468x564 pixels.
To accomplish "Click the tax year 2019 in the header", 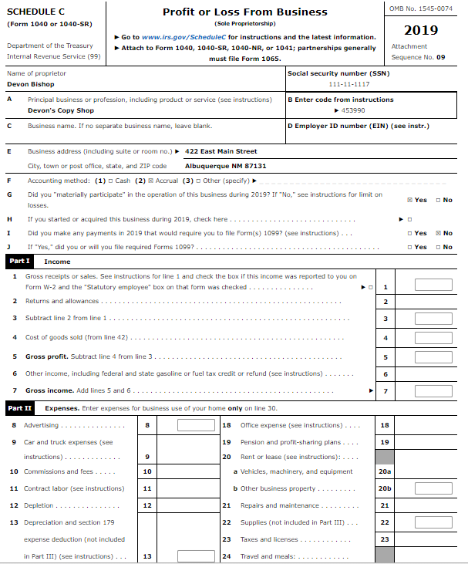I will pos(421,30).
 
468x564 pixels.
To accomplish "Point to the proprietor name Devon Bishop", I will pos(30,83).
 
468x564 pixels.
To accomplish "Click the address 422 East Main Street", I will pos(221,151).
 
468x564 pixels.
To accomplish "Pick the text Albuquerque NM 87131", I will pos(226,166).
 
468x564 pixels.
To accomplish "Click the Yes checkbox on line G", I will pos(409,200).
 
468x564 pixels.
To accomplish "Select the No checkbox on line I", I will pos(438,232).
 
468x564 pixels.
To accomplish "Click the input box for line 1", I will pos(433,285).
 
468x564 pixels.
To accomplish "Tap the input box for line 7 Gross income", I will pos(433,391).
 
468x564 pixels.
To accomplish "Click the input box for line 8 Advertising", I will pos(196,425).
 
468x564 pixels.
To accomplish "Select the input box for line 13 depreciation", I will pos(196,556).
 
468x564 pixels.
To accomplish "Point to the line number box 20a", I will pos(386,471).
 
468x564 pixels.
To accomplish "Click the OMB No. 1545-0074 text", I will pos(428,8).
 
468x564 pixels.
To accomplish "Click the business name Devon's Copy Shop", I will pos(60,110).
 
